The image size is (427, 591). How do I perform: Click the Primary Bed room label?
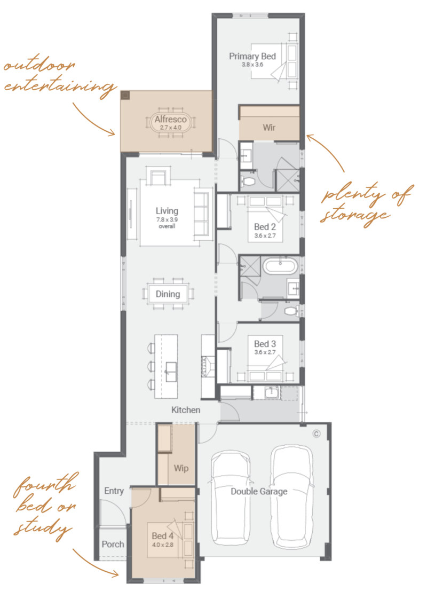252,56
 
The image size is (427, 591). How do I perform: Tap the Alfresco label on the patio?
171,119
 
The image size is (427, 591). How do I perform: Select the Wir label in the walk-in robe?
269,128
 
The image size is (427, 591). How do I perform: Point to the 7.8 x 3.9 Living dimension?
167,219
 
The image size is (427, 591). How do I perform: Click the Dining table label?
168,294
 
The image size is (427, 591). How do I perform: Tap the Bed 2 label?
265,227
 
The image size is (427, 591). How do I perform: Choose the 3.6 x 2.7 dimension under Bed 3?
265,352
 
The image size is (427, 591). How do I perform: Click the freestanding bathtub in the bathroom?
280,266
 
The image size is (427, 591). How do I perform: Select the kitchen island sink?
171,372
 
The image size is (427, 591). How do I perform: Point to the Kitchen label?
186,409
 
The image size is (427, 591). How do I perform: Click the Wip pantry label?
181,468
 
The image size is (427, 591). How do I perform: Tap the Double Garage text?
259,492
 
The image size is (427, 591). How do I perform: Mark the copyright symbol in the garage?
316,434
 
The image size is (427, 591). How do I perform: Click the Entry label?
114,491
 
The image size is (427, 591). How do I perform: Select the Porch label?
113,544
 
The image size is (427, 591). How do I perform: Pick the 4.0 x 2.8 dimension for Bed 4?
163,545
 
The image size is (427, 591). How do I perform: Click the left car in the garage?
231,497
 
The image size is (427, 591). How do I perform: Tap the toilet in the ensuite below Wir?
249,182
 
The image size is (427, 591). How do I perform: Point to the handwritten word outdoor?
39,66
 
